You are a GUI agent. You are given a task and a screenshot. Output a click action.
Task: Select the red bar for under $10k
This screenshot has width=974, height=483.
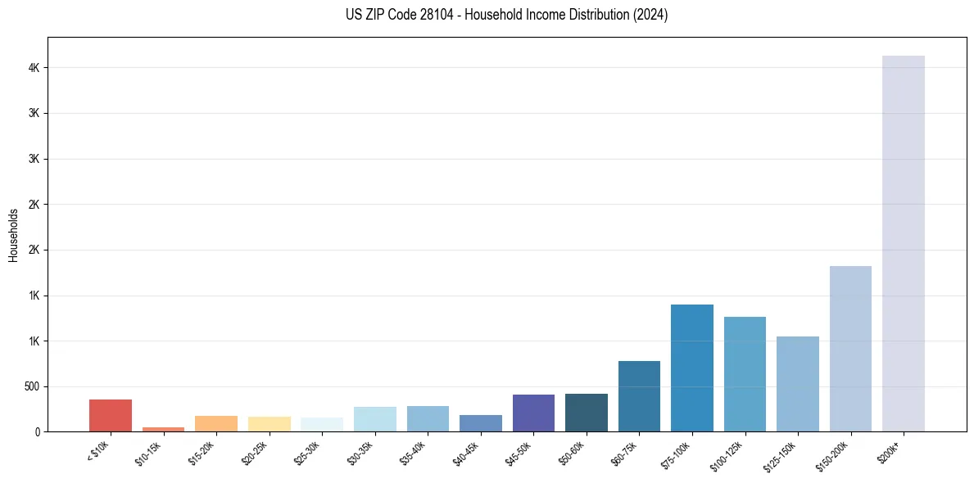click(111, 415)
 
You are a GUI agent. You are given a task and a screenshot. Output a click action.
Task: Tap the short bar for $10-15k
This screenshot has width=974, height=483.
click(163, 429)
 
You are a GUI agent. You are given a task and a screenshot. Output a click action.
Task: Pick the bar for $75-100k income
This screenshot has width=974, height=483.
click(692, 368)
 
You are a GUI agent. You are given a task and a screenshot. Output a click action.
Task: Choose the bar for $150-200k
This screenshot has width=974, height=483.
click(850, 349)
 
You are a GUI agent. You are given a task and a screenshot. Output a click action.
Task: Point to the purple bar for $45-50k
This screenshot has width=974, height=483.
click(533, 413)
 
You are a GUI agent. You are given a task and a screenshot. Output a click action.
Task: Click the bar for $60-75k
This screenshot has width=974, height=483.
click(639, 396)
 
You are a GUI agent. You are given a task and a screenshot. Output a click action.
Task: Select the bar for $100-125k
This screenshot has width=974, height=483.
click(745, 374)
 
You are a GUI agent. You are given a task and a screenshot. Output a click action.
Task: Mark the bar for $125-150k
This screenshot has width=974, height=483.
click(798, 384)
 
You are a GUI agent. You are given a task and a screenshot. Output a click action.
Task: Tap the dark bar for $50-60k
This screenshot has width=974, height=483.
click(587, 413)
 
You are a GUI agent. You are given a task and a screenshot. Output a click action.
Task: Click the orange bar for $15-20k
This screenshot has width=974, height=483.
click(216, 423)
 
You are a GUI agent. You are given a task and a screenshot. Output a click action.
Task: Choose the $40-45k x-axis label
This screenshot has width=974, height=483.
click(467, 453)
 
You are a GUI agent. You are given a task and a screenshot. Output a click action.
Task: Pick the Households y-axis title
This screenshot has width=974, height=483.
click(13, 235)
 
